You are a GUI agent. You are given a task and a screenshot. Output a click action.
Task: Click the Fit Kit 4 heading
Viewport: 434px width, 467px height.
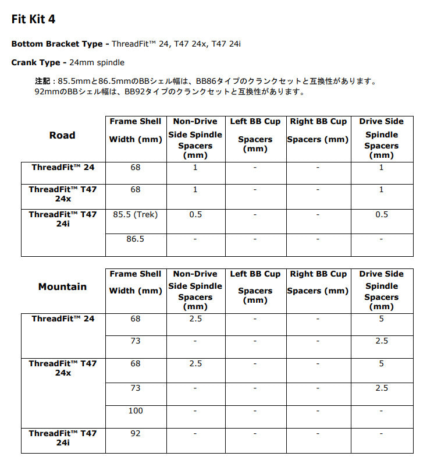point(34,19)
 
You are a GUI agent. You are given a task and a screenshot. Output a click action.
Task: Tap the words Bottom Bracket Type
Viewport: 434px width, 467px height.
point(56,44)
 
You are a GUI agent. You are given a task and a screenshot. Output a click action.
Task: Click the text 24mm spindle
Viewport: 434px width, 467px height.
point(98,62)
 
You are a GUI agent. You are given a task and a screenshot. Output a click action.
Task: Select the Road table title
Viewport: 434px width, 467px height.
point(62,135)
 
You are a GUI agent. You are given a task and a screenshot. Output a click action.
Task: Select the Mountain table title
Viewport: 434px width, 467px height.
point(62,286)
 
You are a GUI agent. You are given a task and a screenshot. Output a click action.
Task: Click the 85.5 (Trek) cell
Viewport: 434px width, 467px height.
point(136,214)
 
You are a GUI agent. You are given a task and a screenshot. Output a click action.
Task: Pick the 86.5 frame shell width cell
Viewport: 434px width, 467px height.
point(136,239)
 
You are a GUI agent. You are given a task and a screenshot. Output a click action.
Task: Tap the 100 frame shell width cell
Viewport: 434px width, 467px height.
point(136,411)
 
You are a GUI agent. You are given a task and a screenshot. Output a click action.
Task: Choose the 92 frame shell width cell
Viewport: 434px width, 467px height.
point(136,433)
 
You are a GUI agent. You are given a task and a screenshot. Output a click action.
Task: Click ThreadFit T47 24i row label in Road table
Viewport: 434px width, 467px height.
point(63,219)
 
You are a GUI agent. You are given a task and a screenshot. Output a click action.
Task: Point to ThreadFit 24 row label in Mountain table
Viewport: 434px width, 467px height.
point(63,319)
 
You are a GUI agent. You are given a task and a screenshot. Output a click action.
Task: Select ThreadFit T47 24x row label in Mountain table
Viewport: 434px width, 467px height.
point(63,368)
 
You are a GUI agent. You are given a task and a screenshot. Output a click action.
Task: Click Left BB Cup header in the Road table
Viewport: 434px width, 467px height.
point(255,121)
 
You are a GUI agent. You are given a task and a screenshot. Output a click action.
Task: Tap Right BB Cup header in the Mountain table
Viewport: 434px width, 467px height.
point(318,274)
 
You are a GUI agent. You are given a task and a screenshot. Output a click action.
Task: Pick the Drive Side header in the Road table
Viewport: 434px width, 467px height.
point(381,121)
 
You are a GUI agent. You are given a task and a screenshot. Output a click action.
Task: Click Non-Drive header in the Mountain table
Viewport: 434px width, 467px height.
point(195,274)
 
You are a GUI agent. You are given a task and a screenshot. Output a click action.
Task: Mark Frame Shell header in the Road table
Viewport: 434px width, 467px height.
point(136,121)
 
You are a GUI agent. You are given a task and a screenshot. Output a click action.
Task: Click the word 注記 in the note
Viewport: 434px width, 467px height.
point(42,81)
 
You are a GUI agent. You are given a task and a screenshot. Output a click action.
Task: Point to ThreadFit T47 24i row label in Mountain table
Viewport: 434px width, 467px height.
point(63,438)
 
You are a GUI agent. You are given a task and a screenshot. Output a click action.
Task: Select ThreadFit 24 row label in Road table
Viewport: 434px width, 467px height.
point(63,167)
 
